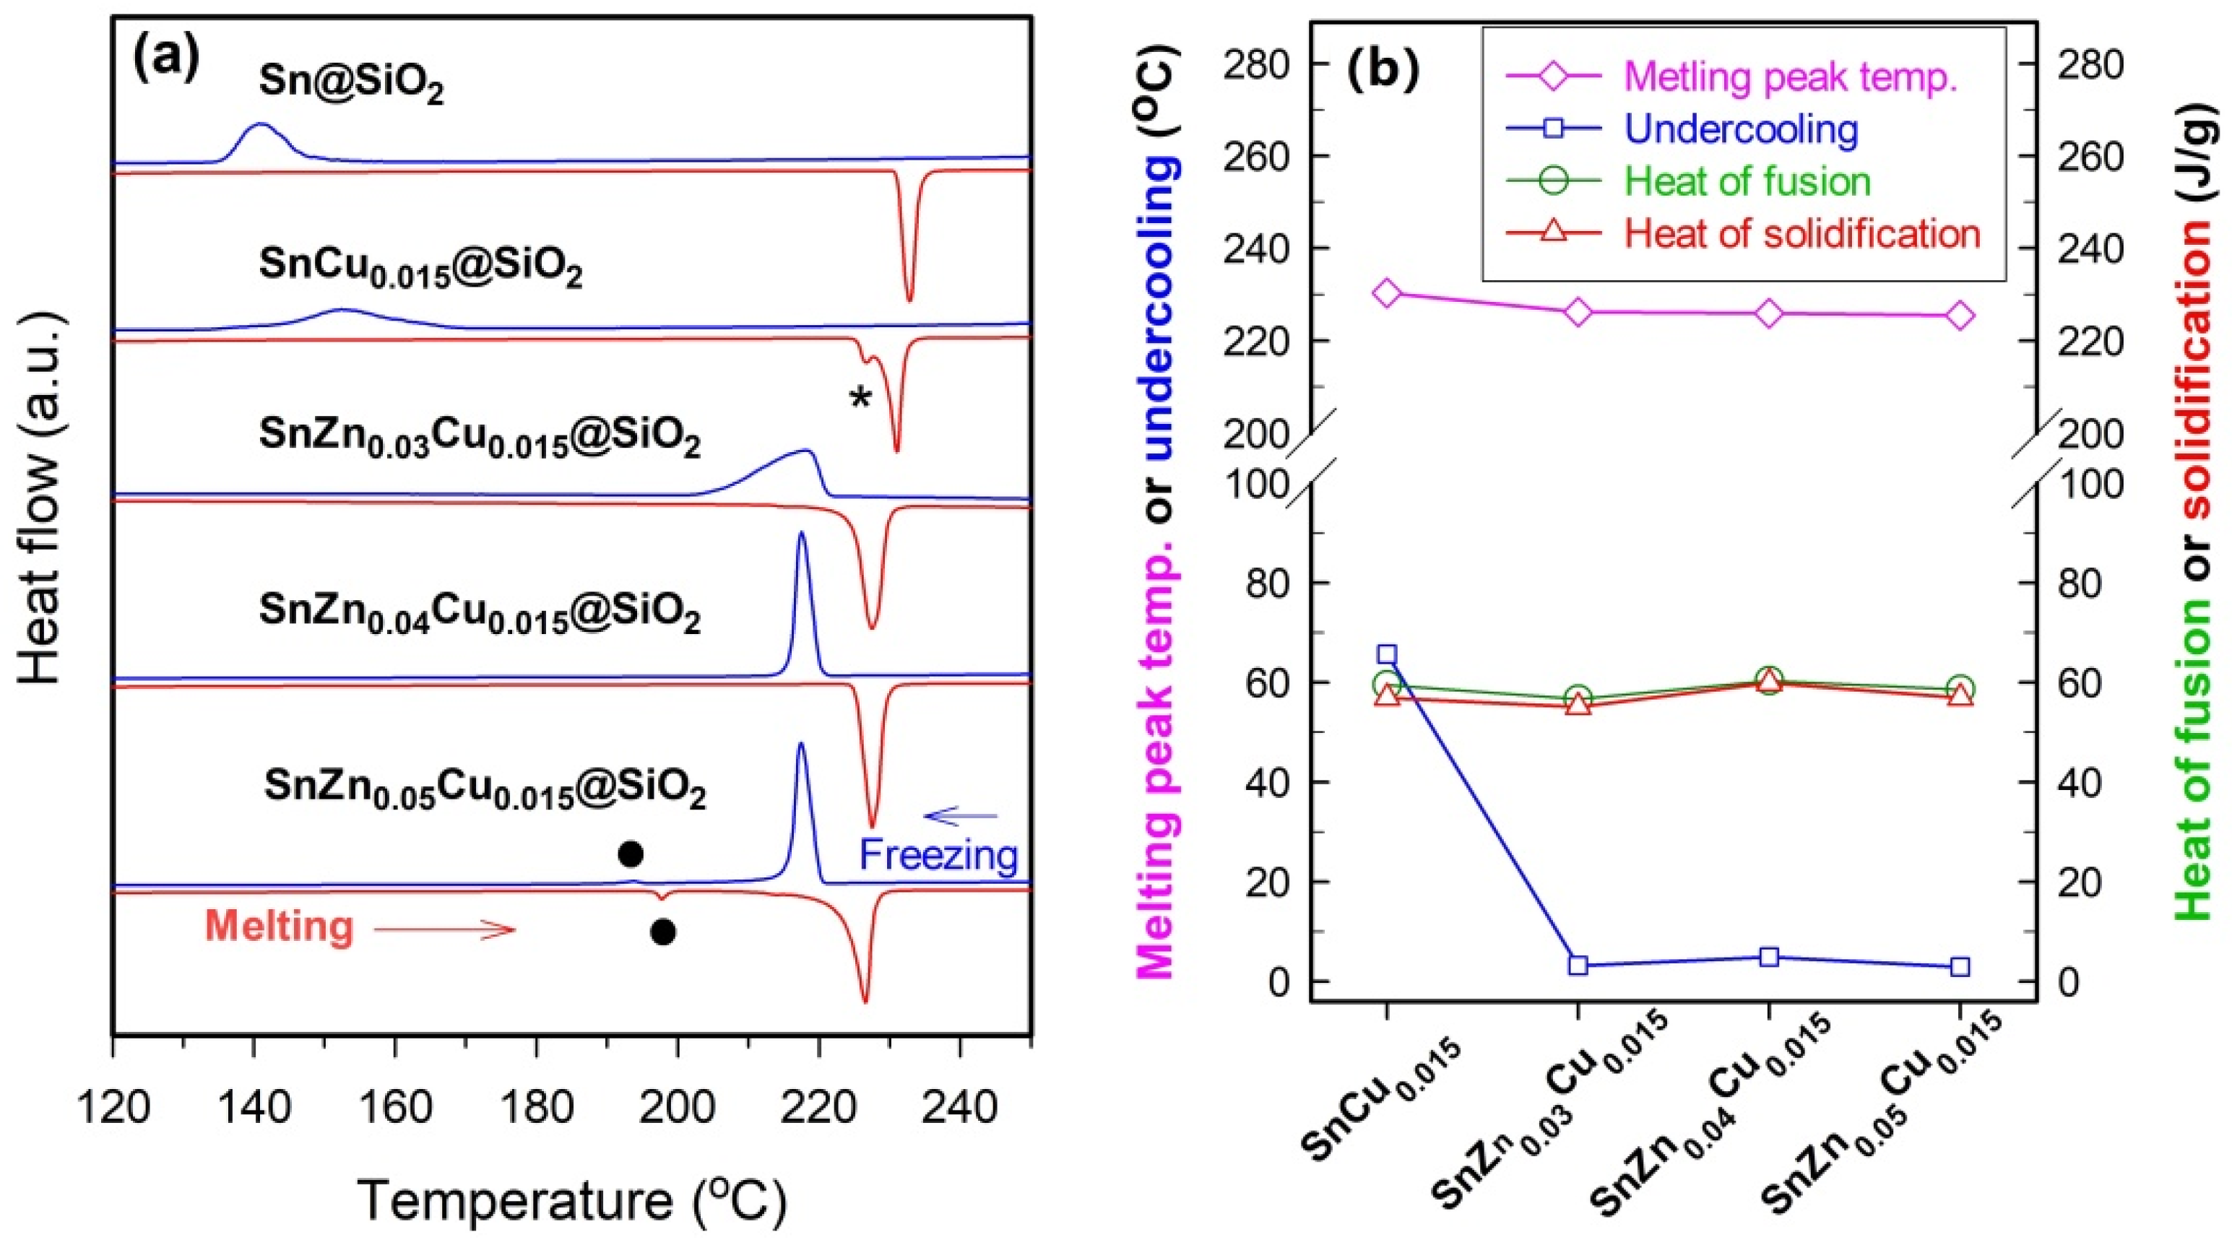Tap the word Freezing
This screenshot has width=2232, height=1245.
pyautogui.click(x=938, y=855)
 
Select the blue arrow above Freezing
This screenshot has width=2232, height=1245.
pyautogui.click(x=961, y=815)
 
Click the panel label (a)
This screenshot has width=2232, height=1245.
pyautogui.click(x=165, y=59)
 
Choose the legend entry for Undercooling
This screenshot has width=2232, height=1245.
pyautogui.click(x=1742, y=129)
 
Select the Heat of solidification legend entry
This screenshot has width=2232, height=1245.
pyautogui.click(x=1802, y=233)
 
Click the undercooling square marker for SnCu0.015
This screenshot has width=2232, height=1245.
pyautogui.click(x=1387, y=654)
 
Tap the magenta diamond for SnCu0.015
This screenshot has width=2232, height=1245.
pyautogui.click(x=1387, y=293)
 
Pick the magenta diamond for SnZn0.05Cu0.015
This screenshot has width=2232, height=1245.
pyautogui.click(x=1961, y=316)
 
